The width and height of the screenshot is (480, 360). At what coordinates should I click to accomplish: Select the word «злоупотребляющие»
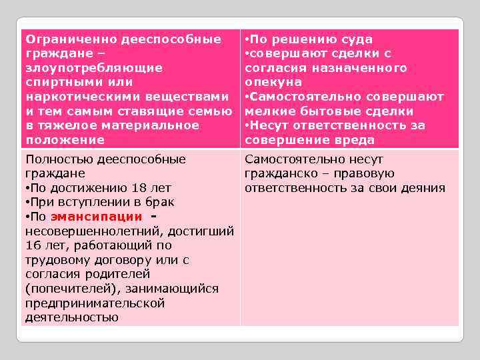pos(84,68)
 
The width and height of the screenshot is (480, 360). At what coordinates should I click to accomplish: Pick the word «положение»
pos(65,140)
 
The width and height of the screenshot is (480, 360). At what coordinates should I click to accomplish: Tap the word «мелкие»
pos(267,111)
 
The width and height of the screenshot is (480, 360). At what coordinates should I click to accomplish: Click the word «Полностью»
pos(58,159)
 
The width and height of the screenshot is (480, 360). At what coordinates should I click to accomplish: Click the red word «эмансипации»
pos(96,217)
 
